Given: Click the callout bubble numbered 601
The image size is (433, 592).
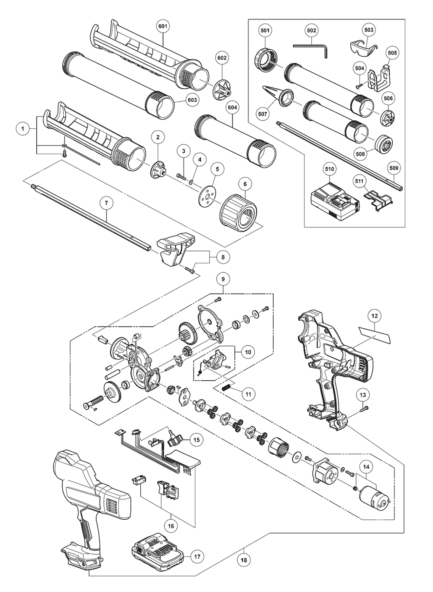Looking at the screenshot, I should [x=163, y=26].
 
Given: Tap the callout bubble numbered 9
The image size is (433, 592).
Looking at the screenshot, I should [x=223, y=279].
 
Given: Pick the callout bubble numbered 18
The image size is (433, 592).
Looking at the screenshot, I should [x=244, y=572].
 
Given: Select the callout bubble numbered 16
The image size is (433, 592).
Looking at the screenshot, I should [x=171, y=526].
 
